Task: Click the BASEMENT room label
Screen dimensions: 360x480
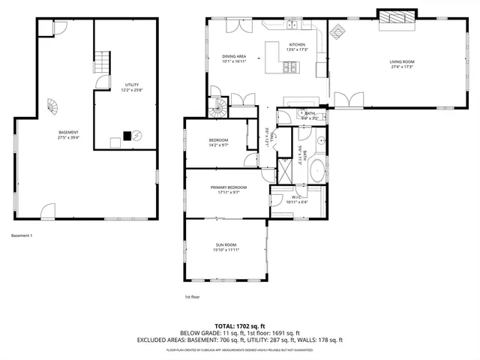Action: tap(68, 132)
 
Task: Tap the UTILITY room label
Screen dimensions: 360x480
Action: tap(132, 85)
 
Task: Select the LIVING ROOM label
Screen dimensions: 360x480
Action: tap(401, 61)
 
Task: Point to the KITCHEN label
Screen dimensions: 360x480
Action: tap(298, 45)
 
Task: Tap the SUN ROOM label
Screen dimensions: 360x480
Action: tap(226, 244)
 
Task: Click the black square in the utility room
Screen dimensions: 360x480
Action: tap(127, 136)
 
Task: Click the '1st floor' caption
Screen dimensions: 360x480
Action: tap(192, 297)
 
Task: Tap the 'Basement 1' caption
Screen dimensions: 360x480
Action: tap(22, 235)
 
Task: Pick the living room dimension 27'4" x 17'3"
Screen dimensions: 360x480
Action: tap(401, 67)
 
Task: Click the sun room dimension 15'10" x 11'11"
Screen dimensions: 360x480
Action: tap(226, 250)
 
